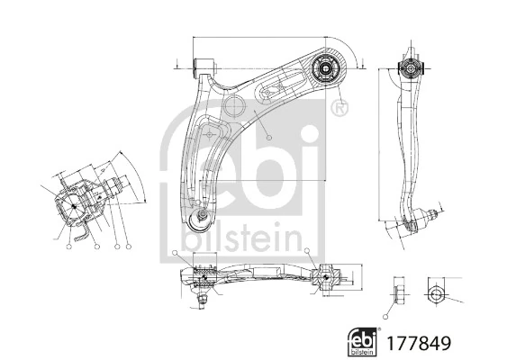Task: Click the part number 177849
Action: tap(417, 343)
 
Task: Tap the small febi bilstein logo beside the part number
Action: tap(362, 342)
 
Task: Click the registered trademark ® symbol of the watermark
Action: tap(338, 110)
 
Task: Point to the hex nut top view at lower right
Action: tap(435, 293)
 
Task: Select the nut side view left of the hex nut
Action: tap(397, 293)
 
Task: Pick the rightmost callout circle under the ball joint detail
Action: tap(129, 246)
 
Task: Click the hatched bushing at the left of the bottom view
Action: tap(204, 271)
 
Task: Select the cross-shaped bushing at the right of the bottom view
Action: tap(325, 277)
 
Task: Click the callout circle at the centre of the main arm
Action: tap(267, 136)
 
